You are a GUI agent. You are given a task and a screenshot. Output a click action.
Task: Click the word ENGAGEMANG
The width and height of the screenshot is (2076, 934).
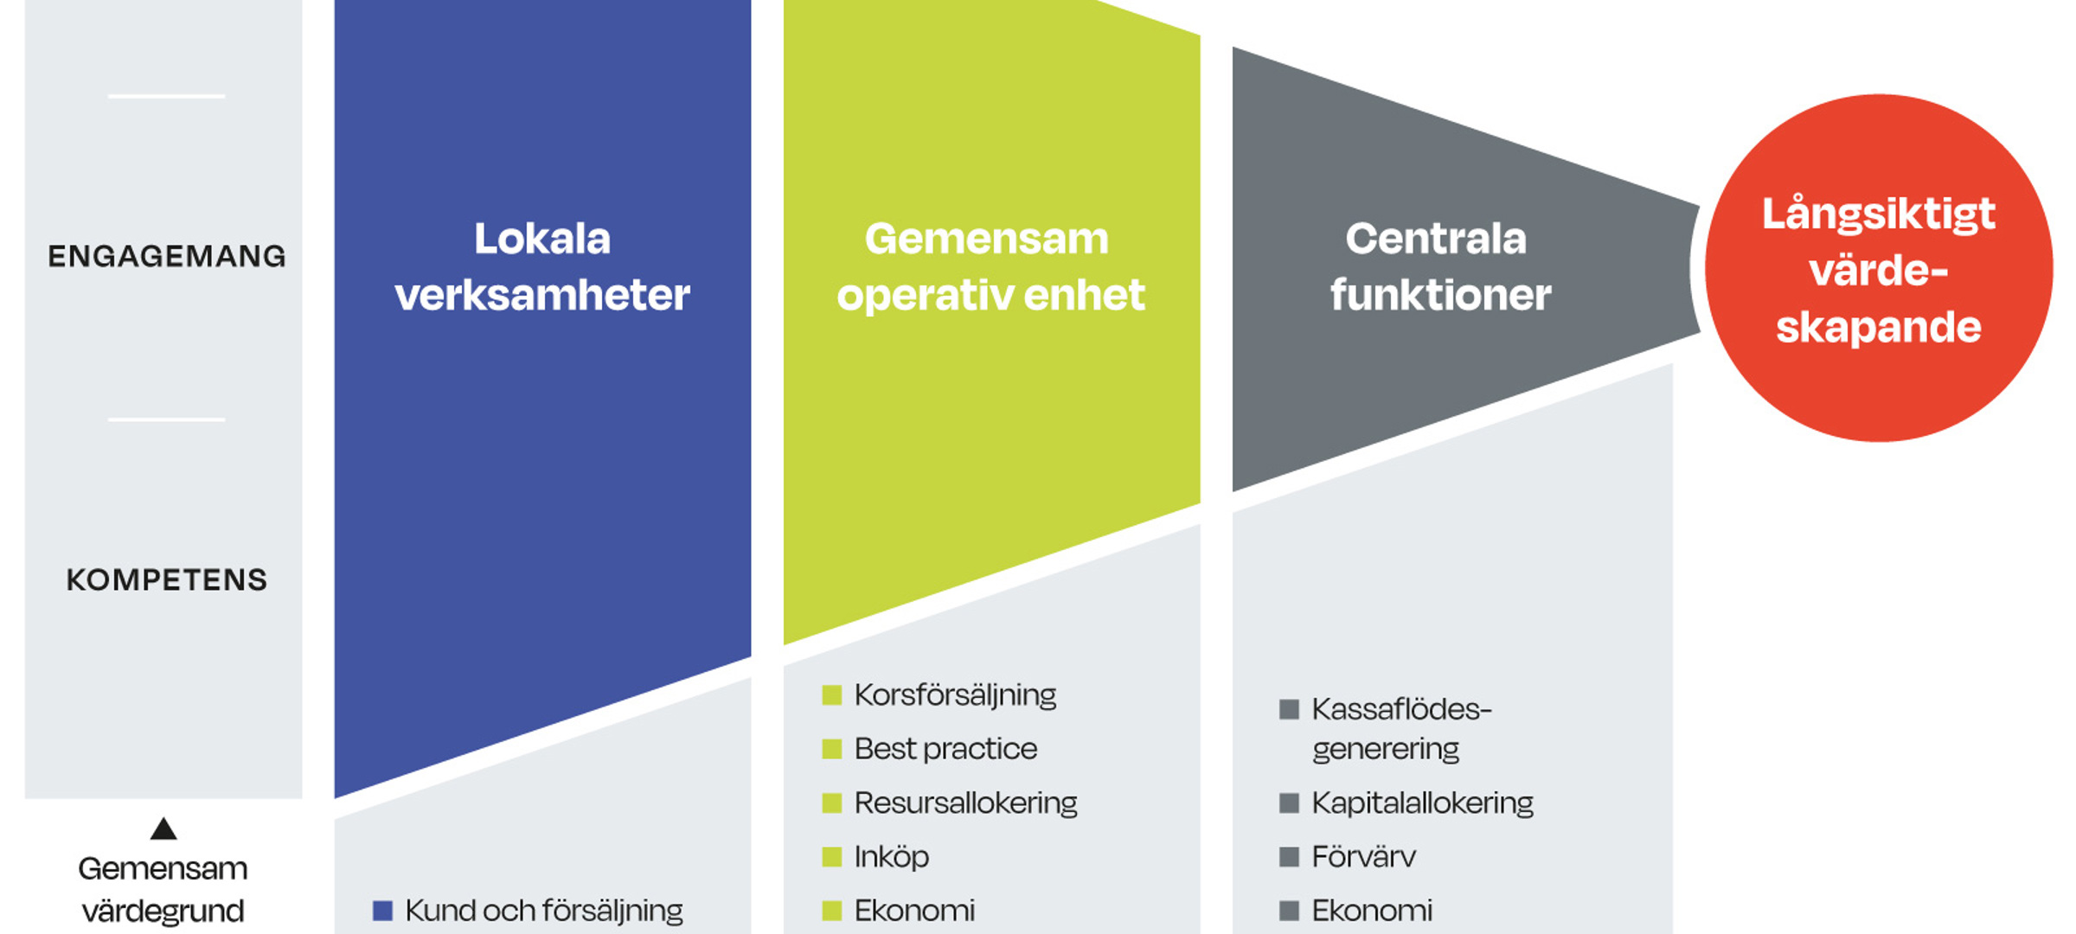click(x=166, y=256)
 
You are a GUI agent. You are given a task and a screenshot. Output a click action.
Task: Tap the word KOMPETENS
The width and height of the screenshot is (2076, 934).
click(x=167, y=579)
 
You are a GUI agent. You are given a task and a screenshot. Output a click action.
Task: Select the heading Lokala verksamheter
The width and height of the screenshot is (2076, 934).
click(x=542, y=266)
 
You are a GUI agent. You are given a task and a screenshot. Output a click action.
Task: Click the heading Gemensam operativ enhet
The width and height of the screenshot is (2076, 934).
click(x=990, y=266)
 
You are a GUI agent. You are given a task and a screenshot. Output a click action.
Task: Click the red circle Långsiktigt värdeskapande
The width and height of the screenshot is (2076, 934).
click(x=1878, y=270)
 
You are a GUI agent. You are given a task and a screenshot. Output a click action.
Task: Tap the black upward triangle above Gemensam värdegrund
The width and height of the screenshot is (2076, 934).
click(x=163, y=829)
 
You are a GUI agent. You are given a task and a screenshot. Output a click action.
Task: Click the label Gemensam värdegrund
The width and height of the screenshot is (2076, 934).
click(x=163, y=889)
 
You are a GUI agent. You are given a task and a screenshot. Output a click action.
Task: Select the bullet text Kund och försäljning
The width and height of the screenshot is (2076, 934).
click(x=543, y=910)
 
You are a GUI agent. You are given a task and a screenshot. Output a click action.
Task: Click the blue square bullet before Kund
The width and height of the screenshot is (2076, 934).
click(x=382, y=910)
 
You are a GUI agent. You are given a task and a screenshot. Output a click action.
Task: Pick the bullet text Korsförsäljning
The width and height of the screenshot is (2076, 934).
click(x=955, y=694)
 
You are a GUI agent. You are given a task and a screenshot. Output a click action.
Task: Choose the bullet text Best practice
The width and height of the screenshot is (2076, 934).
click(x=945, y=749)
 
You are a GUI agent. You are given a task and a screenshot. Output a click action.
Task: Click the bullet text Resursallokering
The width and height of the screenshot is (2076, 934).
click(x=965, y=803)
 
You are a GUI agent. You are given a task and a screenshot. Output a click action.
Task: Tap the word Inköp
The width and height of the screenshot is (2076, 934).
click(x=891, y=856)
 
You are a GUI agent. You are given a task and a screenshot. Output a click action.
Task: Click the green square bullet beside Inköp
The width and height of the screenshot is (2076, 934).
click(x=831, y=857)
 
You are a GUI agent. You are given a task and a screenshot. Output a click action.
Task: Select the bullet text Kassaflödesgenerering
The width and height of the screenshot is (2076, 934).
click(x=1401, y=728)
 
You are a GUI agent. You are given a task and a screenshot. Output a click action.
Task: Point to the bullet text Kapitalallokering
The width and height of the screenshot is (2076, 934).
click(x=1422, y=803)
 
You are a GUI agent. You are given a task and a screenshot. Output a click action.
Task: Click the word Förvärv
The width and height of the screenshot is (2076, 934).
click(x=1363, y=856)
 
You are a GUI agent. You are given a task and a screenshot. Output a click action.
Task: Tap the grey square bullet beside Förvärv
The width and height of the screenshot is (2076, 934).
click(x=1289, y=857)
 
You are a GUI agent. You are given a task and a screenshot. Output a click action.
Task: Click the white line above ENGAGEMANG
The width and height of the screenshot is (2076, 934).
click(x=166, y=96)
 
